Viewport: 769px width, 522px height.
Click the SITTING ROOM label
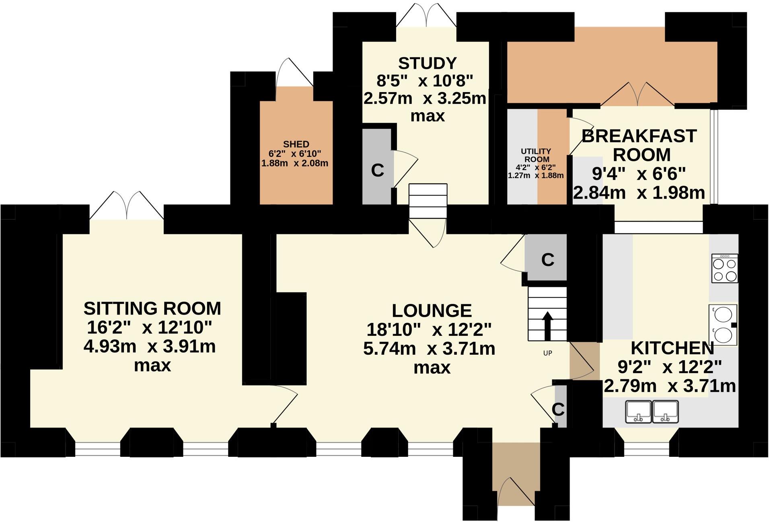tap(152, 309)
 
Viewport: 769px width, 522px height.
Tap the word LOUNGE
tap(432, 311)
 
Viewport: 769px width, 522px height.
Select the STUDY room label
tap(427, 64)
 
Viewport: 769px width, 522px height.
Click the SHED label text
tap(296, 144)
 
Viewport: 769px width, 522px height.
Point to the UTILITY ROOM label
tap(536, 155)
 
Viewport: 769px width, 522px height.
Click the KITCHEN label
tap(672, 348)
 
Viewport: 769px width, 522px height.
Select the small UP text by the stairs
tap(547, 353)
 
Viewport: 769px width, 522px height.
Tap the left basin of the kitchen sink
tap(638, 411)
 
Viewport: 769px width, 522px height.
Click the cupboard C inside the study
tap(377, 171)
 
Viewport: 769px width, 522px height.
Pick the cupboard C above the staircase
tap(547, 260)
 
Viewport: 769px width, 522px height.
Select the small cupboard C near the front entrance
tap(558, 409)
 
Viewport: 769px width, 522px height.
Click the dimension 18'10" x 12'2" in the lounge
tap(429, 330)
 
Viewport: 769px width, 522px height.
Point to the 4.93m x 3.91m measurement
tap(150, 347)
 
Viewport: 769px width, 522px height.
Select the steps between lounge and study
tap(428, 201)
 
